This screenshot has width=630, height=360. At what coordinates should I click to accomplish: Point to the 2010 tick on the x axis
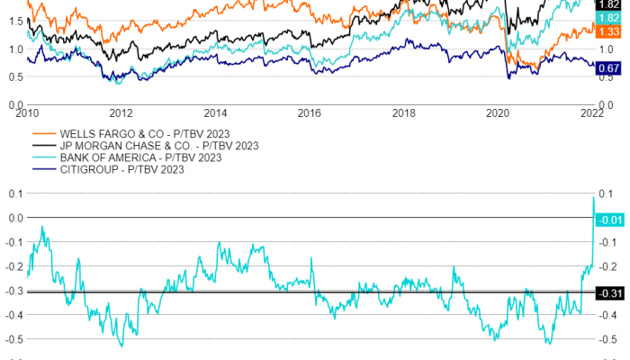tap(27, 113)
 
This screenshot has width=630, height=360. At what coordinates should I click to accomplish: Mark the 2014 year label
tap(215, 113)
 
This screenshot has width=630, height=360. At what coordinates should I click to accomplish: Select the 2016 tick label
tap(310, 113)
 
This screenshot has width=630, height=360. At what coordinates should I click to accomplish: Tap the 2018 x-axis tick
tap(404, 113)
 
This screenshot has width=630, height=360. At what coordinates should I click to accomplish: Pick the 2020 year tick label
tap(498, 113)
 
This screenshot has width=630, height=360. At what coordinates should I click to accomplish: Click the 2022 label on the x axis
tap(591, 113)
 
